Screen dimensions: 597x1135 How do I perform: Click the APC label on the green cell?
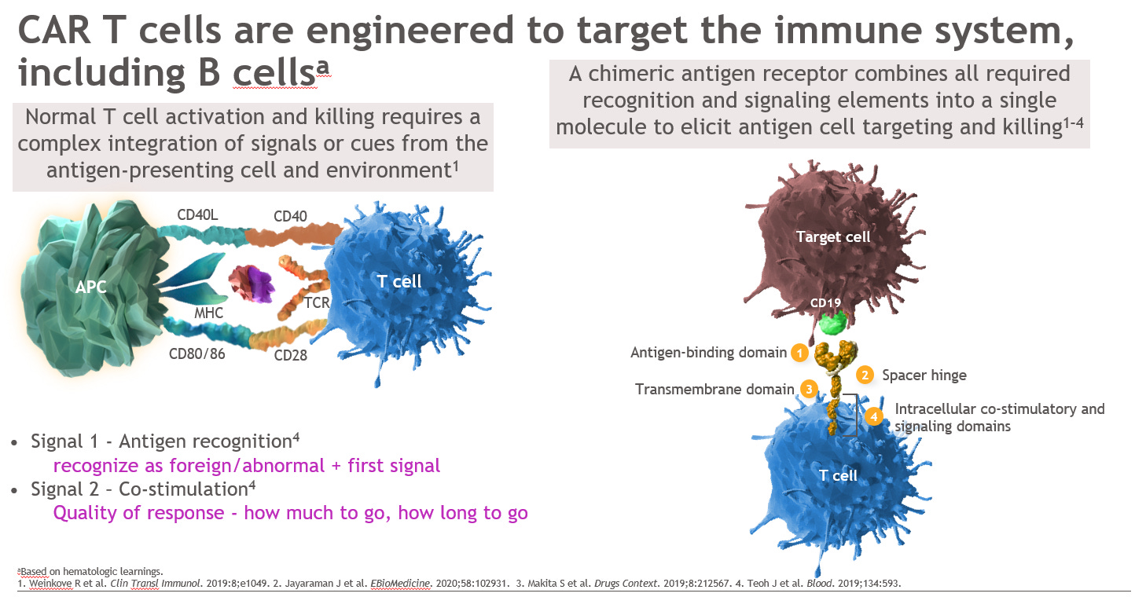point(91,288)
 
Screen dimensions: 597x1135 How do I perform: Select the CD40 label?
point(292,217)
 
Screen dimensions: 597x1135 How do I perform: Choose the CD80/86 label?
point(197,353)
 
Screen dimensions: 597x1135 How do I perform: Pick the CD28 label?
point(290,356)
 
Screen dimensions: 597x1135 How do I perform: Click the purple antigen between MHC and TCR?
point(251,284)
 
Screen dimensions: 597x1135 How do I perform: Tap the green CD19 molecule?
point(832,323)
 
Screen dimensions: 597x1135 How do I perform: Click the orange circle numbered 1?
point(799,353)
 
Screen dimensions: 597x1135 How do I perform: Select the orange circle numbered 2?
point(865,375)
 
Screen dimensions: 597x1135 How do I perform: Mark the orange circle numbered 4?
point(874,417)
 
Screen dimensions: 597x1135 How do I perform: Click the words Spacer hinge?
point(924,375)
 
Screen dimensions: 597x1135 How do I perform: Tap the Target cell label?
point(833,236)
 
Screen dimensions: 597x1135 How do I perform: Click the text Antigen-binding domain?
point(708,353)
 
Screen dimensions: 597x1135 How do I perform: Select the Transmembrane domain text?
point(714,389)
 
